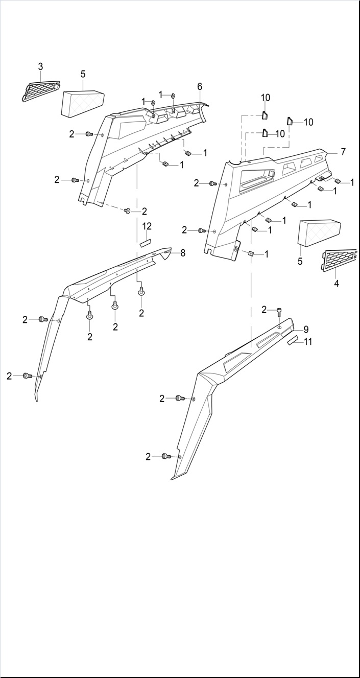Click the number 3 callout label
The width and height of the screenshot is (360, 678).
pos(40,66)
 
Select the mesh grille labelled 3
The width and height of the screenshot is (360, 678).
pos(41,90)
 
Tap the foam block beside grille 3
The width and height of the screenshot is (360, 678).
pos(83,103)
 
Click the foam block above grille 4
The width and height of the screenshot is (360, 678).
pos(319,232)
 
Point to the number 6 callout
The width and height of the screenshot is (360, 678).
pos(200,86)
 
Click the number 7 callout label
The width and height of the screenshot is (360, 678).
pos(343,152)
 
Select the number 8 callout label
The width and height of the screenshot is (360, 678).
pos(182,252)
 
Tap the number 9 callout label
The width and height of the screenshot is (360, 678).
pos(306,329)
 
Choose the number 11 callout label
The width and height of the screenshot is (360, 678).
pos(308,342)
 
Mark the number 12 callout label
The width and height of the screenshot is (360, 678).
pos(147,226)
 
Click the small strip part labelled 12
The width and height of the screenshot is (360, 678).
pos(147,242)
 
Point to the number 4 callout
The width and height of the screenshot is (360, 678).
pos(337,283)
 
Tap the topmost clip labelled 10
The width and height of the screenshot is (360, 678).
pos(266,115)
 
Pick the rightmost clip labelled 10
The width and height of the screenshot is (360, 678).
pos(290,122)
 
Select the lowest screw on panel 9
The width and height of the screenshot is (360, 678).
pos(166,456)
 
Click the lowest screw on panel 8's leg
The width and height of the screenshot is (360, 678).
pos(27,376)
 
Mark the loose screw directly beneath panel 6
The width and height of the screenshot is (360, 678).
pos(128,211)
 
